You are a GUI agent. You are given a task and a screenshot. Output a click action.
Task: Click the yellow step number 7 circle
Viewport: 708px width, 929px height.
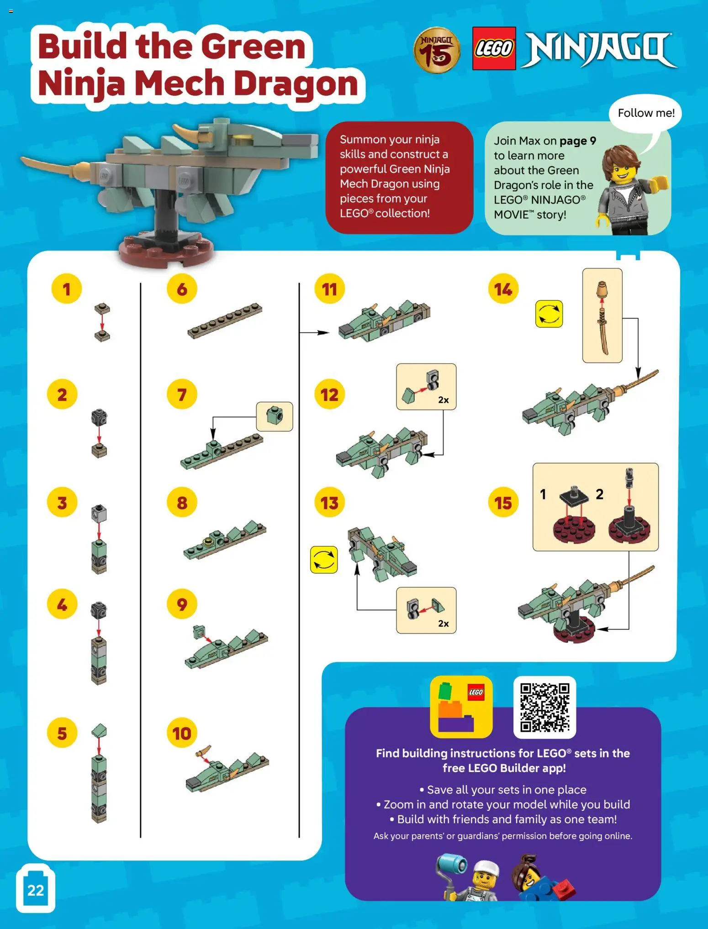point(182,394)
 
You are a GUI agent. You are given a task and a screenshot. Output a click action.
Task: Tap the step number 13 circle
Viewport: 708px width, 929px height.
point(329,503)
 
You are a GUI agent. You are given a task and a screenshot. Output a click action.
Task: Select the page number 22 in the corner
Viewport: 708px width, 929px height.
point(36,890)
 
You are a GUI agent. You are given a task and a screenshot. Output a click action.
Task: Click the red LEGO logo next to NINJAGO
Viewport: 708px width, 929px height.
point(494,48)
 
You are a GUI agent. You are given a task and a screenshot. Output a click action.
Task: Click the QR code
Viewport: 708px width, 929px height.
point(544,707)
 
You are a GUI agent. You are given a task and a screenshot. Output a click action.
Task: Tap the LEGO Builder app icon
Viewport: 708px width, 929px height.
point(461,707)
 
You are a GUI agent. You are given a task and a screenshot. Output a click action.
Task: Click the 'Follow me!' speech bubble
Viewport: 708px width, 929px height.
point(645,113)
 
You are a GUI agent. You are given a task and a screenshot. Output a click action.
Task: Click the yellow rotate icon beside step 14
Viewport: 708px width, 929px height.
point(549,314)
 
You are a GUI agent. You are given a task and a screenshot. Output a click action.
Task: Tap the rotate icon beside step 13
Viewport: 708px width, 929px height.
point(324,560)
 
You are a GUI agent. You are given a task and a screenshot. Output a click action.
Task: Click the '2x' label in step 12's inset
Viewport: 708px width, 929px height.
point(443,400)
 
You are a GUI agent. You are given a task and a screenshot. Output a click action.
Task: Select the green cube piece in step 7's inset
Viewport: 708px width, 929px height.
point(275,415)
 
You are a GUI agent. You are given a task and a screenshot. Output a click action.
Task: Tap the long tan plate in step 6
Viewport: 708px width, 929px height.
point(225,320)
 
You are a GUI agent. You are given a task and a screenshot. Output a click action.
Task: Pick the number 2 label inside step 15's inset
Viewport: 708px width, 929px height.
point(599,494)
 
